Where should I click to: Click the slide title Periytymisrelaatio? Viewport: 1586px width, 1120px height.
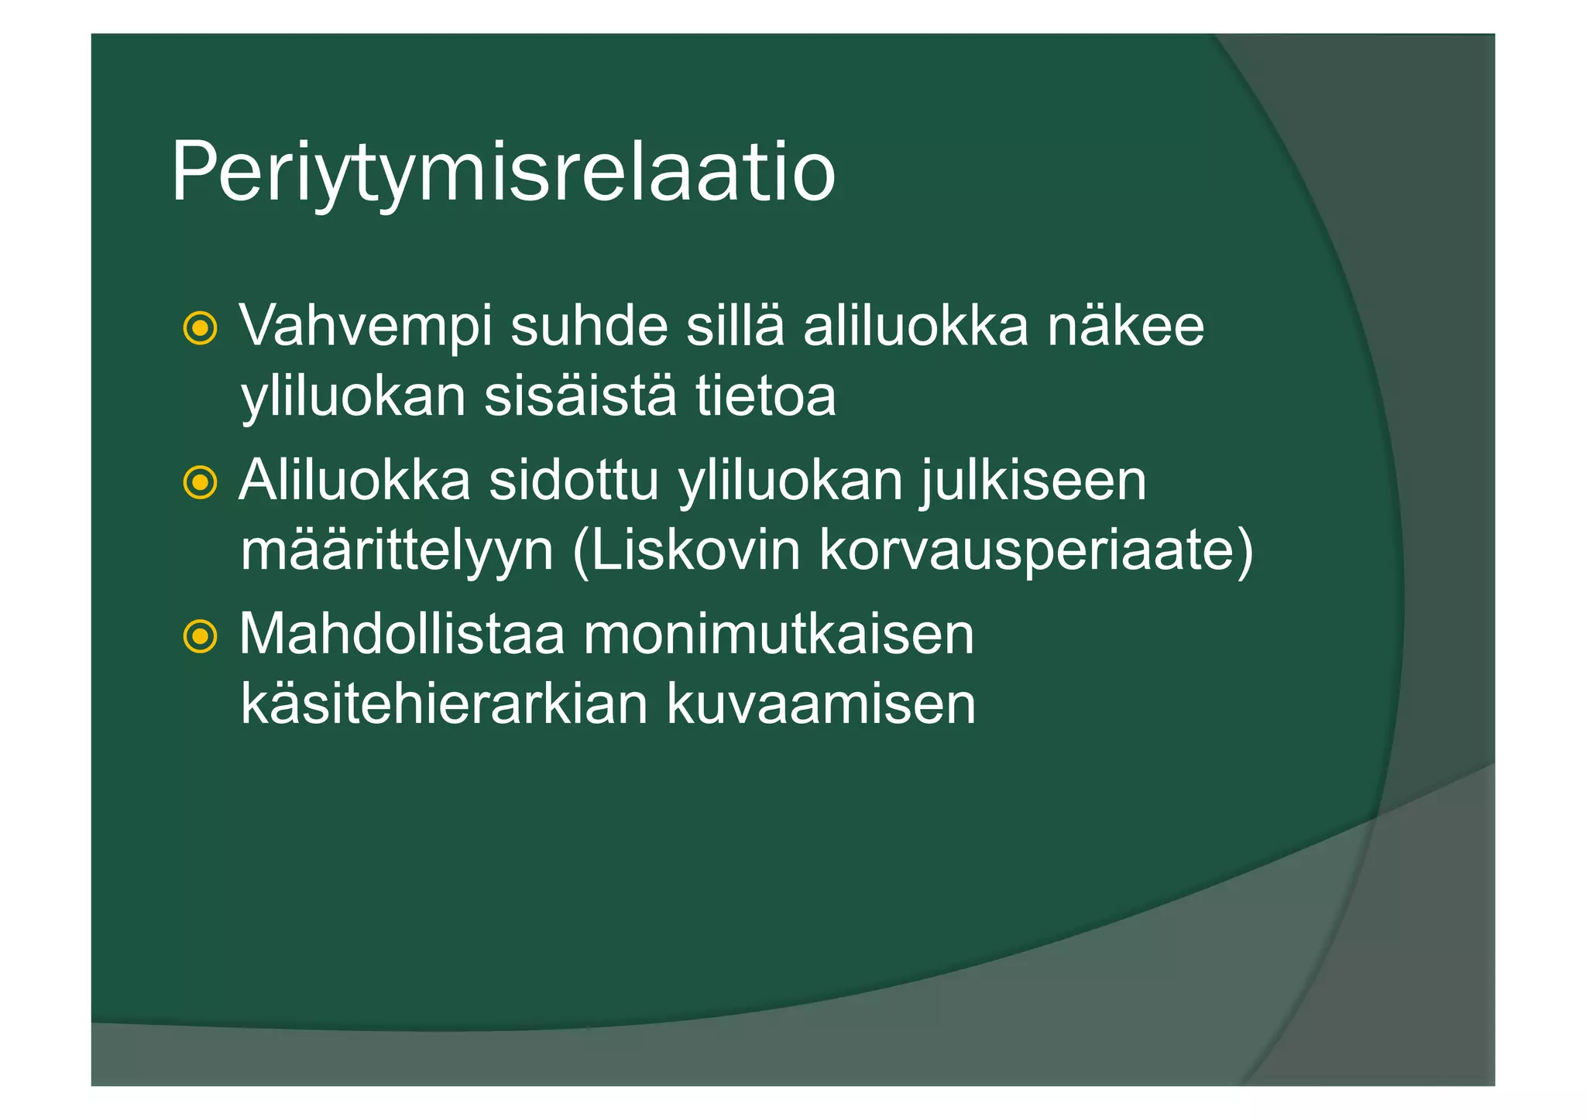(x=503, y=172)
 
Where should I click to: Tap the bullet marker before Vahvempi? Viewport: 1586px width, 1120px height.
(x=200, y=328)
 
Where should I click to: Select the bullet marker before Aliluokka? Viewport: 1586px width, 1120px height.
(x=200, y=483)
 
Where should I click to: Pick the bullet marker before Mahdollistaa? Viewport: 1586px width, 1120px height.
(x=200, y=637)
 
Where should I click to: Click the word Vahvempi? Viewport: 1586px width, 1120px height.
(x=366, y=327)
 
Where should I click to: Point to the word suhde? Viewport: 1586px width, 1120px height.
(x=589, y=327)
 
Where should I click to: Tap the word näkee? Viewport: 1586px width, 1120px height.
(x=1126, y=327)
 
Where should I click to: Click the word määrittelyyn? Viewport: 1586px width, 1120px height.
(x=396, y=551)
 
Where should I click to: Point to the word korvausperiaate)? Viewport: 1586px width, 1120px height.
(x=1035, y=551)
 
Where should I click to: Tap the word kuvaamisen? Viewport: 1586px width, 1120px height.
(x=821, y=704)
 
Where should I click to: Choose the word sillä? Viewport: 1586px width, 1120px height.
(x=735, y=327)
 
